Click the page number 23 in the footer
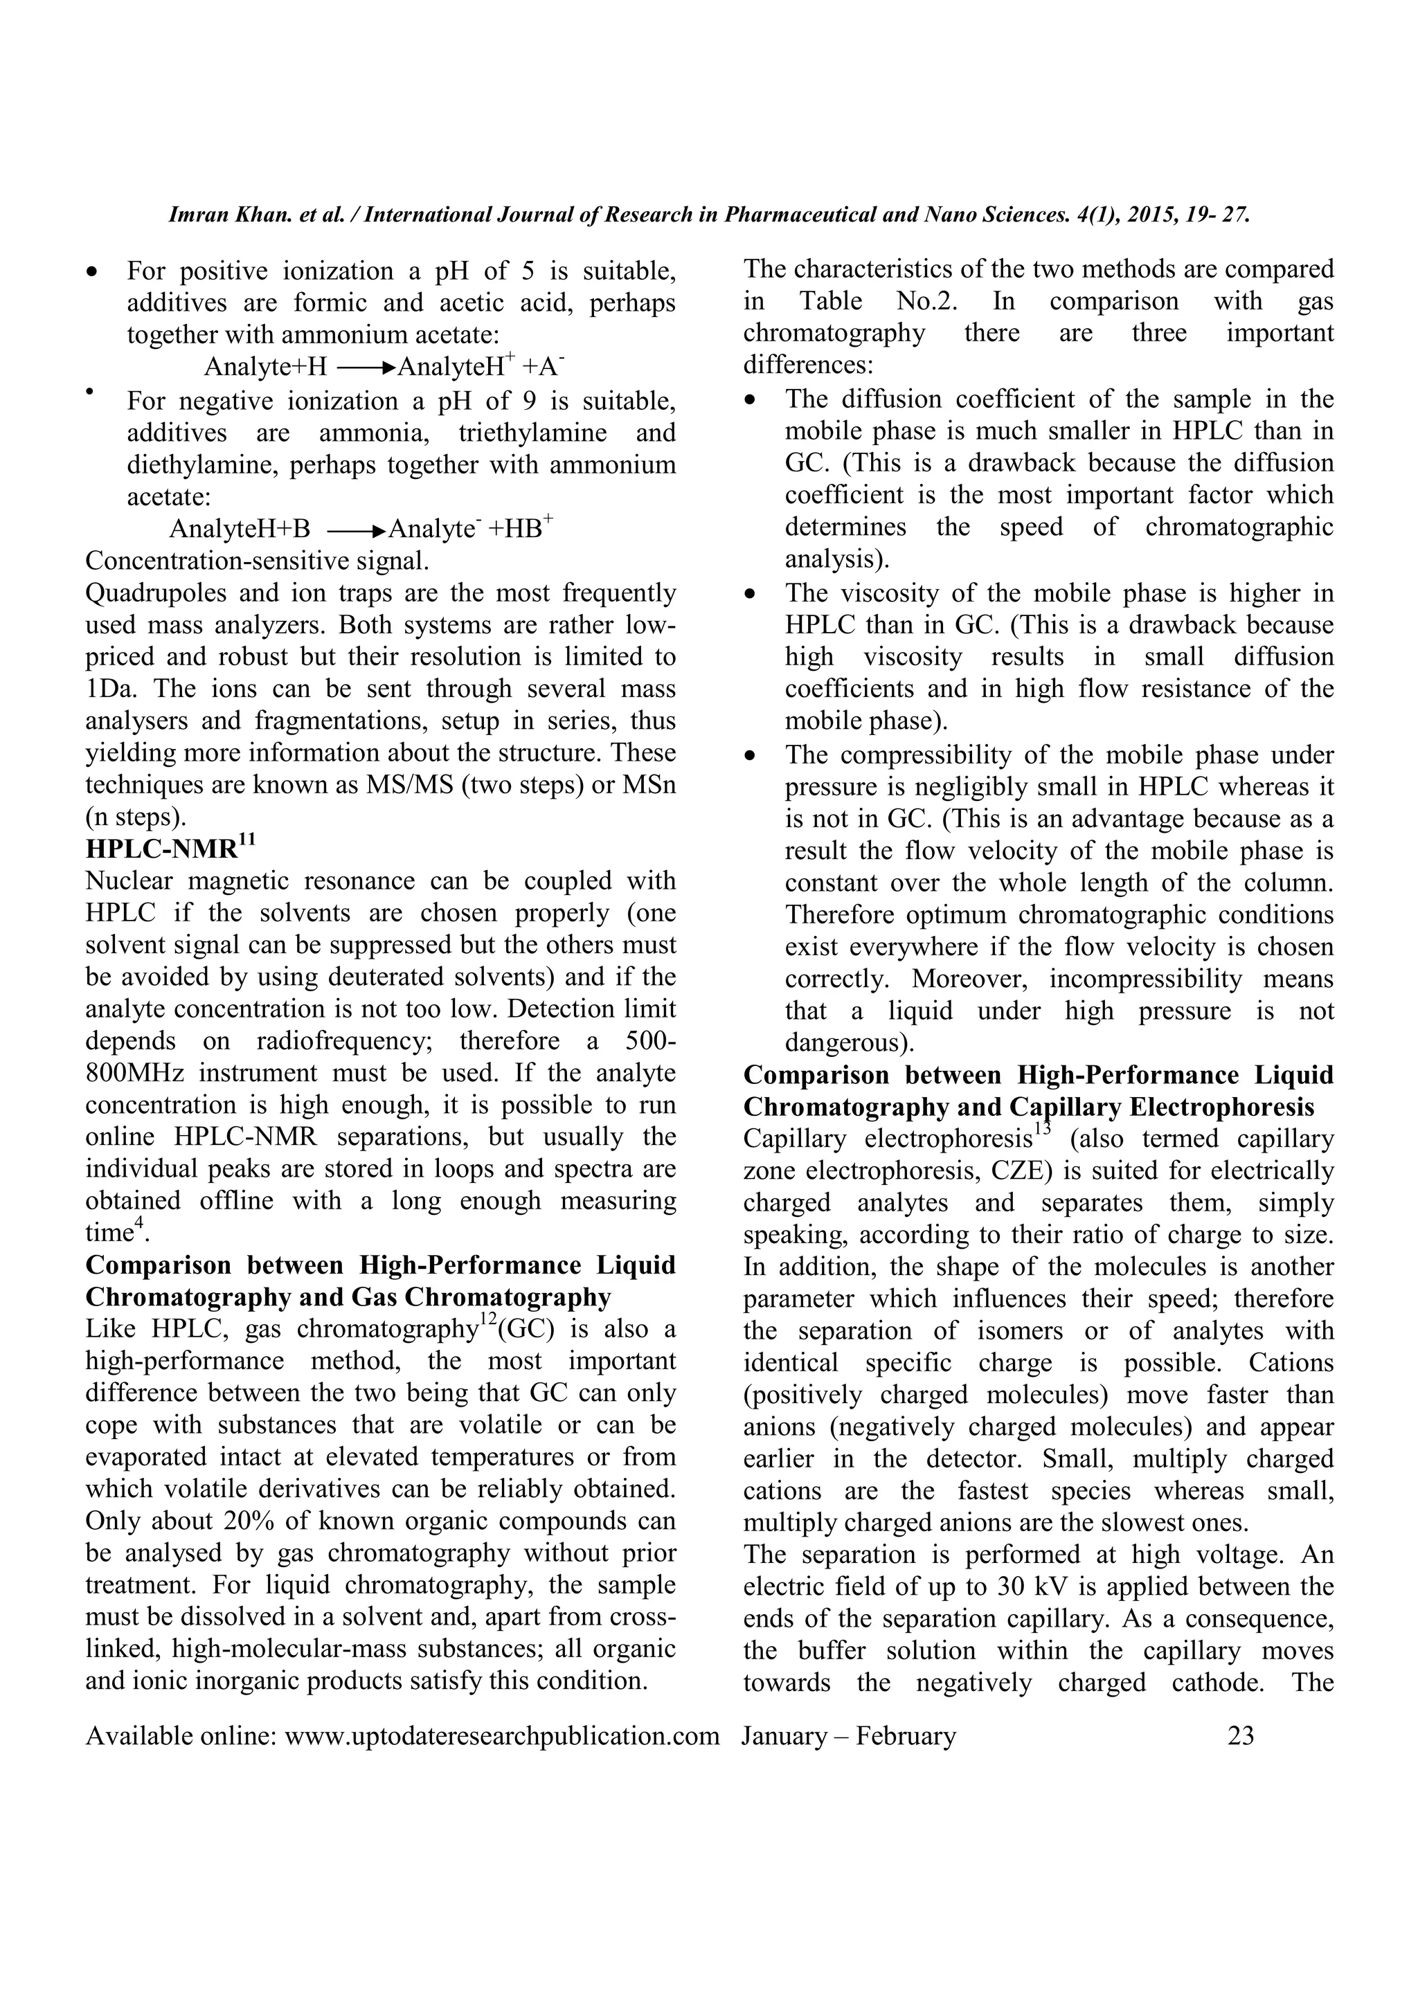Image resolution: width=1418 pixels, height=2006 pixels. [x=1241, y=1735]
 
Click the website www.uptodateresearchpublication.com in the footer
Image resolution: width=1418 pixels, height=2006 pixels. [x=501, y=1735]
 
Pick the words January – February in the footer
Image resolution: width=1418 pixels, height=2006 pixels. [x=848, y=1735]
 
